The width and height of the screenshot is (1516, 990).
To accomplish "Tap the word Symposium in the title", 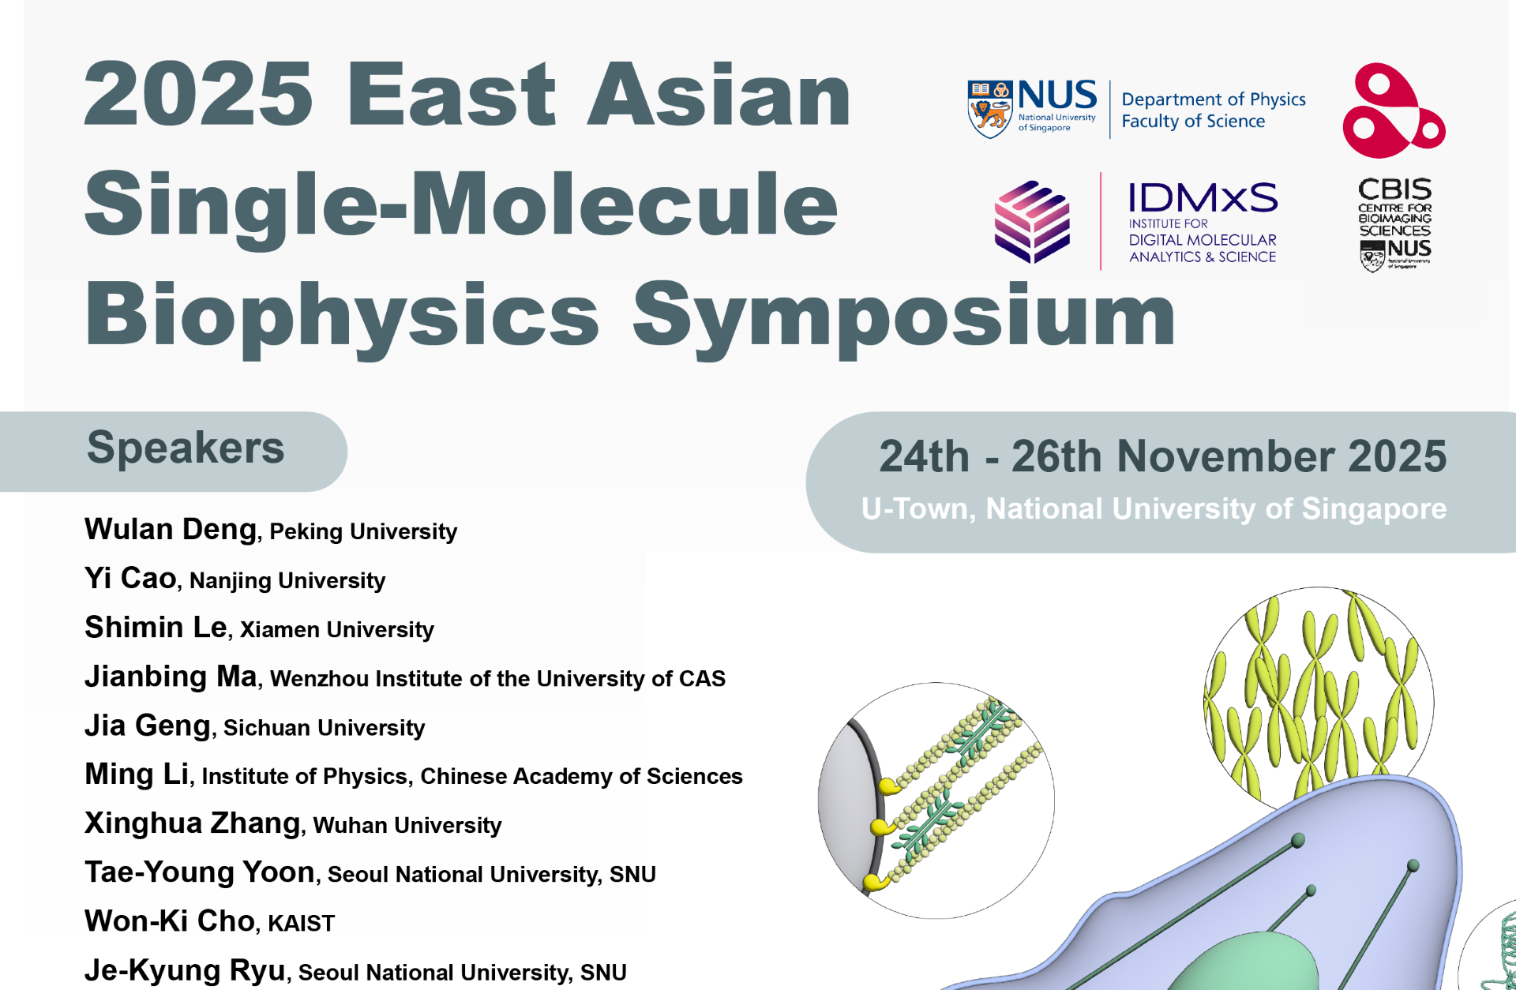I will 904,316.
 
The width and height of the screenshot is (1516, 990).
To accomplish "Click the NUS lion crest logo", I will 990,109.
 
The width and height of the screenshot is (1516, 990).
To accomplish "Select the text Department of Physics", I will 1213,99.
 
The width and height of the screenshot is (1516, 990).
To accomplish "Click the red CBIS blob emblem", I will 1393,112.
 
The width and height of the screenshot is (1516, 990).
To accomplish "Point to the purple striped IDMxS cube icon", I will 1032,222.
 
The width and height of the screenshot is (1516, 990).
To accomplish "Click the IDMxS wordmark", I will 1203,197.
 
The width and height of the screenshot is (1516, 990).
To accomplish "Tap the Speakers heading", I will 186,448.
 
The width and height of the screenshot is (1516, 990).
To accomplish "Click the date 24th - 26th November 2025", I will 1162,456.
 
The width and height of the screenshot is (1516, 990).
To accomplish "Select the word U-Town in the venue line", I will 916,509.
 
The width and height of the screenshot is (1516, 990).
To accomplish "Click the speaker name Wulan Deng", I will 171,529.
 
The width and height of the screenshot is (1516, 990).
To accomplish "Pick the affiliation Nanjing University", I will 287,581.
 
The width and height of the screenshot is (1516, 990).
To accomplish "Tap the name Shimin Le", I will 156,628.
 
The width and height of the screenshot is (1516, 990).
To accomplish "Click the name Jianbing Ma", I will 171,677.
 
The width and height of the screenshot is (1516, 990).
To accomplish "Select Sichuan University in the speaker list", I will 324,728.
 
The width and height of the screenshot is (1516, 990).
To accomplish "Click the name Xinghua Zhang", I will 193,823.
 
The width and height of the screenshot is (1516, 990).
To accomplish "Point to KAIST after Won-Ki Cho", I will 301,923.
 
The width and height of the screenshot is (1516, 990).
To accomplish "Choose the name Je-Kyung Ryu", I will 185,970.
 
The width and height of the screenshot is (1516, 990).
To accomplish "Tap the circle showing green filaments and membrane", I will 936,800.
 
